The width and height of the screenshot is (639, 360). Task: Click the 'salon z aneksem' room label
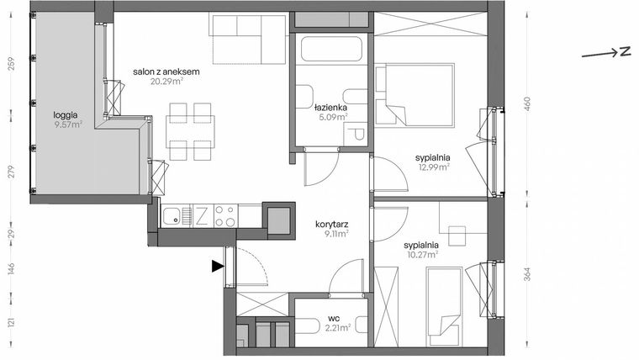point(166,72)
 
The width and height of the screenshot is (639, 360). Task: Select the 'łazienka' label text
point(330,109)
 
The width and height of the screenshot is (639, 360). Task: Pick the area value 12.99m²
point(433,167)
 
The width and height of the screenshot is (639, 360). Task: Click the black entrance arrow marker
point(218,267)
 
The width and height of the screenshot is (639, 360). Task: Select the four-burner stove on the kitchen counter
point(224,216)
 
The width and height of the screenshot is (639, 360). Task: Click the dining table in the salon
point(190,130)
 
